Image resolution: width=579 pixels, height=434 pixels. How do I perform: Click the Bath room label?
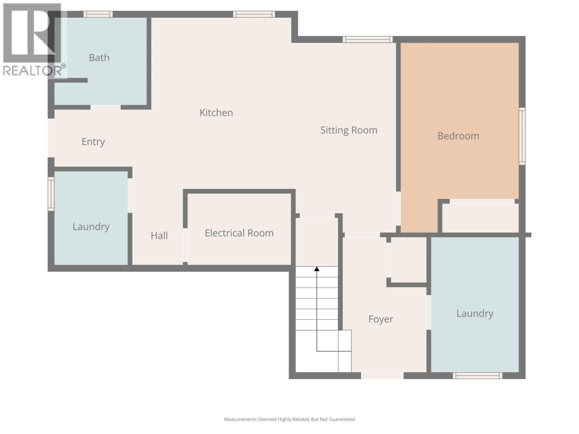pyautogui.click(x=99, y=58)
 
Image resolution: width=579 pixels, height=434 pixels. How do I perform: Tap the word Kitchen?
pyautogui.click(x=216, y=113)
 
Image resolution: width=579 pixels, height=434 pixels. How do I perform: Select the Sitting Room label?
pyautogui.click(x=348, y=130)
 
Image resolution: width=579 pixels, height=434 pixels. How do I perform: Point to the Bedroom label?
pyautogui.click(x=458, y=136)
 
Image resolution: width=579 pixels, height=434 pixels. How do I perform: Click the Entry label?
pyautogui.click(x=93, y=141)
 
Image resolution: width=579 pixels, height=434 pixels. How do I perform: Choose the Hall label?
pyautogui.click(x=159, y=236)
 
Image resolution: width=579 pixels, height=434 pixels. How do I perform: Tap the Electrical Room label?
pyautogui.click(x=239, y=233)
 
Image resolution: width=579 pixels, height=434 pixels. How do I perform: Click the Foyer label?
pyautogui.click(x=381, y=319)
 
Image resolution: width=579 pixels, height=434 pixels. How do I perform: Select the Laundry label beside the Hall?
pyautogui.click(x=91, y=227)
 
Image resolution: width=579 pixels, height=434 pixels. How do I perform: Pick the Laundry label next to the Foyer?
pyautogui.click(x=475, y=314)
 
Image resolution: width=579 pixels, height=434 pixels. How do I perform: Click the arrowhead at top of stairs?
pyautogui.click(x=317, y=269)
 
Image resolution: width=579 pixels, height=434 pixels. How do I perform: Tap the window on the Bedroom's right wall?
pyautogui.click(x=522, y=136)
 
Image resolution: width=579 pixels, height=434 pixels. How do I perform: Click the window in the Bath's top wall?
pyautogui.click(x=98, y=14)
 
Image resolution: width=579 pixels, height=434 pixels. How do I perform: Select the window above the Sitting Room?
pyautogui.click(x=367, y=39)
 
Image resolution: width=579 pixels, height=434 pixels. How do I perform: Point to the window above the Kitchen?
pyautogui.click(x=254, y=14)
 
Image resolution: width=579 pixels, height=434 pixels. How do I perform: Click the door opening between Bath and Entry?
pyautogui.click(x=105, y=107)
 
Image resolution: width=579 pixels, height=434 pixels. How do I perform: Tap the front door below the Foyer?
pyautogui.click(x=382, y=376)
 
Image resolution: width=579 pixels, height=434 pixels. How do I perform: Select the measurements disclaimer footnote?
pyautogui.click(x=289, y=420)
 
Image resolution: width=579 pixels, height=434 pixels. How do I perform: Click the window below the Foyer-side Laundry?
pyautogui.click(x=477, y=376)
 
